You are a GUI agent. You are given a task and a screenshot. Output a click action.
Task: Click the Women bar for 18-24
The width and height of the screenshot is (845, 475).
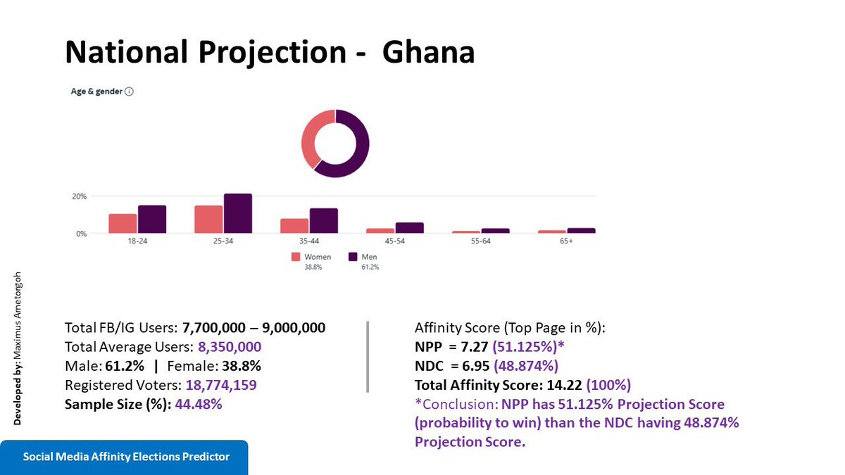(123, 223)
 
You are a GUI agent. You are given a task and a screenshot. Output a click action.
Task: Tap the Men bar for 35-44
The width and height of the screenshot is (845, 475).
(324, 221)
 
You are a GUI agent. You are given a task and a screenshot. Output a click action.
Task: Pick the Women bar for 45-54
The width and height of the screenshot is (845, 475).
(380, 230)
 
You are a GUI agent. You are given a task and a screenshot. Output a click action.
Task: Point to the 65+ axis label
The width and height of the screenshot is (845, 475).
(566, 241)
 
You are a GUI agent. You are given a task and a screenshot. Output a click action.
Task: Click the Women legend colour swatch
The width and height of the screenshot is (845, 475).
(296, 257)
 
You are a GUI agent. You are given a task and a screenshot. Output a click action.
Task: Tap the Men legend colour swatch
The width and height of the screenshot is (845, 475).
(353, 257)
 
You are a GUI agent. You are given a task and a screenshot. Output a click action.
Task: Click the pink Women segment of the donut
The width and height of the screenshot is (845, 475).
(308, 141)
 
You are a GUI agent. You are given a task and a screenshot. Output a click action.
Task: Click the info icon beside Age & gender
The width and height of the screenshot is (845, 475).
(129, 91)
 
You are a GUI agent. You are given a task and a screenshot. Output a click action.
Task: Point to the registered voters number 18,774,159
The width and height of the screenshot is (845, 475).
(221, 385)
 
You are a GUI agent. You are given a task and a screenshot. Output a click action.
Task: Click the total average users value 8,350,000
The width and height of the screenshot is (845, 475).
(230, 347)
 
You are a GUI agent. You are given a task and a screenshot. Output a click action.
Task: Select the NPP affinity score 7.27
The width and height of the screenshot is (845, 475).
(471, 347)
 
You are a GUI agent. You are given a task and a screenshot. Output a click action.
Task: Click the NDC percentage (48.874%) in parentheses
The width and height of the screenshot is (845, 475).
(526, 366)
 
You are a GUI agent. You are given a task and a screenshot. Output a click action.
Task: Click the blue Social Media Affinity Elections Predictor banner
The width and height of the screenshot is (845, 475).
(126, 457)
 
